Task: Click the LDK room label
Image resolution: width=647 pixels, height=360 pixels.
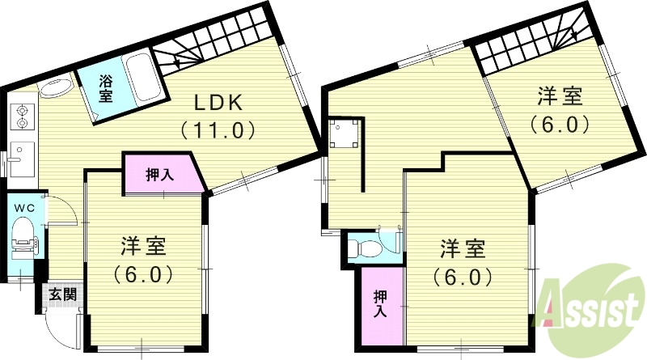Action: pos(217,104)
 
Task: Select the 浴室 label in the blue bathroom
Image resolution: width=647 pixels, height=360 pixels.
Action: pos(106,88)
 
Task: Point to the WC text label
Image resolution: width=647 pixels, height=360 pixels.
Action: pos(23,207)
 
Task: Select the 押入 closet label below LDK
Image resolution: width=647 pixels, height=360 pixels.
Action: pos(159,175)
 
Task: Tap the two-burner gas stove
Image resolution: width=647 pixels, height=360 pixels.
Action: pos(22,117)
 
